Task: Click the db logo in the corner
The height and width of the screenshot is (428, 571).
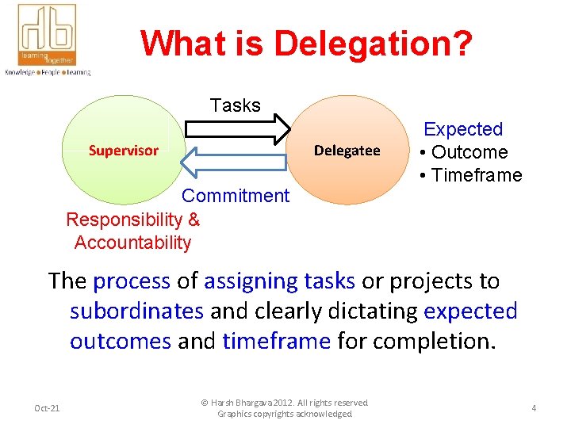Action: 47,35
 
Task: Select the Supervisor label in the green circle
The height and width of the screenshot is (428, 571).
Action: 123,151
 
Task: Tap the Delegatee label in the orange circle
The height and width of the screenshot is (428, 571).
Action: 347,151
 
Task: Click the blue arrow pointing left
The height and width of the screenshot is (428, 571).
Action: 233,162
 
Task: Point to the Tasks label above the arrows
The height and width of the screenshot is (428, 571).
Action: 236,105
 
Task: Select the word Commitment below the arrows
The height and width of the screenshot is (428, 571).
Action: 236,196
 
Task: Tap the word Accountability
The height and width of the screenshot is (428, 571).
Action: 132,243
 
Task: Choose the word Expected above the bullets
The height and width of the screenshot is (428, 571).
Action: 463,129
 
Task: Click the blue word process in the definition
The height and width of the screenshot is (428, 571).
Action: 131,281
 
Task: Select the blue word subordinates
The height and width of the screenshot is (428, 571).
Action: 136,311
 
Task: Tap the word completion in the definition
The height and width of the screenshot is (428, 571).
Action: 440,341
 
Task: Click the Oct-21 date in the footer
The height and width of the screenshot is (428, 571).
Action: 47,408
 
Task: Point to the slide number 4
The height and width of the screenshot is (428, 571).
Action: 534,408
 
